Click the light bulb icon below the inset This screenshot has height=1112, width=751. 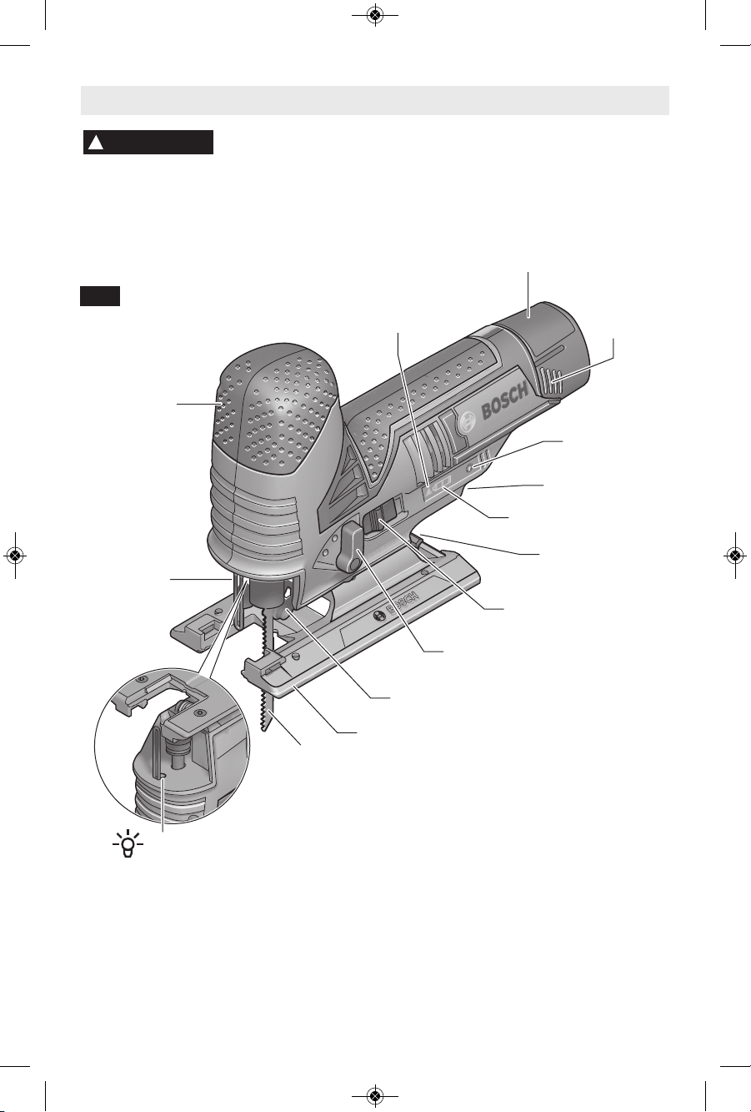point(128,844)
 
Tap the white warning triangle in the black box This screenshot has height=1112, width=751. point(96,143)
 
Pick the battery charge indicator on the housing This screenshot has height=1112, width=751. point(442,485)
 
